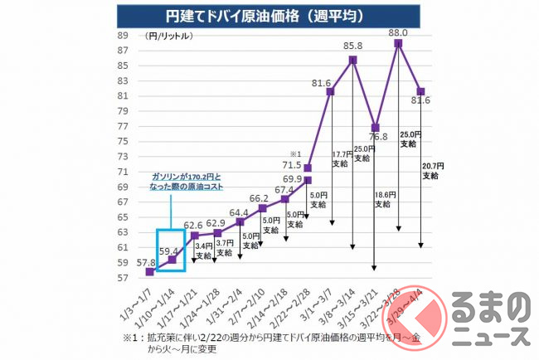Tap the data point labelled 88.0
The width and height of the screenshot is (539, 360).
pyautogui.click(x=398, y=43)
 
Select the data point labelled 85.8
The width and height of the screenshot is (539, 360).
pyautogui.click(x=353, y=60)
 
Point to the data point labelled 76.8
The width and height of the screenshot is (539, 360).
pyautogui.click(x=376, y=128)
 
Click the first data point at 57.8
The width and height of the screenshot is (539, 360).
pyautogui.click(x=149, y=271)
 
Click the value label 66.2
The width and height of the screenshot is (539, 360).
pyautogui.click(x=258, y=198)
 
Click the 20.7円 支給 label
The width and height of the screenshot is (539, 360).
pyautogui.click(x=430, y=170)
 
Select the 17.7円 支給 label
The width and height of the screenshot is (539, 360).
pyautogui.click(x=341, y=158)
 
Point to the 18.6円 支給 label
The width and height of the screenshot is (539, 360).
pyautogui.click(x=386, y=200)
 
